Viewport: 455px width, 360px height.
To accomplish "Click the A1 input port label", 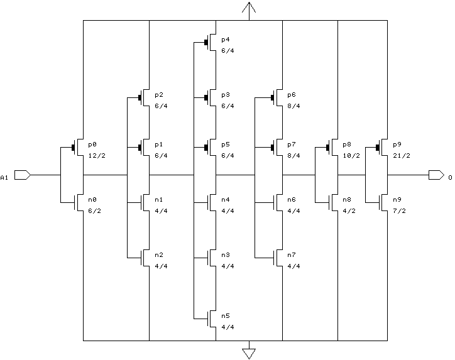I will [x=5, y=178].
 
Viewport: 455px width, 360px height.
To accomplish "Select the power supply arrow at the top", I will [x=249, y=9].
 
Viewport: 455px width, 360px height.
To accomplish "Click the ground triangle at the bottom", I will [x=249, y=352].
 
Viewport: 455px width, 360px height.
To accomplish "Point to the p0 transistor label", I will [x=92, y=144].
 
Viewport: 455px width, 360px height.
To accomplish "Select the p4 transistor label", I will [x=226, y=40].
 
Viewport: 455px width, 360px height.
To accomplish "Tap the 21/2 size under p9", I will [x=401, y=155].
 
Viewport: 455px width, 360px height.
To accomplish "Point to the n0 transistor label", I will [x=92, y=199].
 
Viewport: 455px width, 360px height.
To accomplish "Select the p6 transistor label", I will [x=292, y=95].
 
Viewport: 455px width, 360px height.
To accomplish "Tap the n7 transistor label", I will [x=292, y=255].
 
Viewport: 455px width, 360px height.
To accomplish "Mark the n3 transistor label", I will [x=226, y=255].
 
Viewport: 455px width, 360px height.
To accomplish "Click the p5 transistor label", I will [x=226, y=144].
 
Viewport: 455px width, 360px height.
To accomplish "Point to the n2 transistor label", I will [x=159, y=255].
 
